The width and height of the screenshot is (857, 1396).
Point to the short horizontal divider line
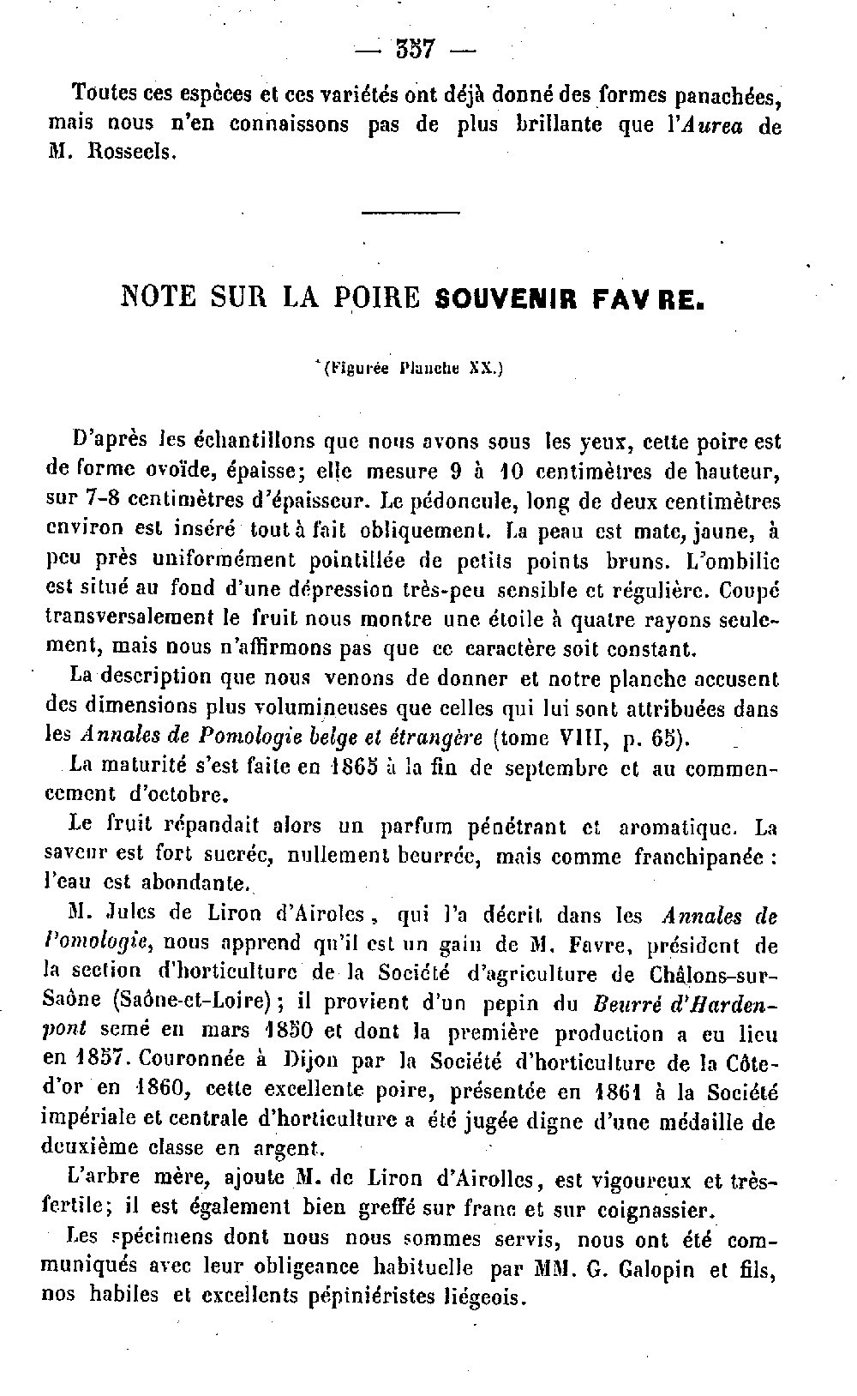click(x=411, y=213)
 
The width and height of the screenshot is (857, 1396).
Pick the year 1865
click(x=354, y=767)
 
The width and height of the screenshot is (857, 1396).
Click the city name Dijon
click(x=315, y=1061)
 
